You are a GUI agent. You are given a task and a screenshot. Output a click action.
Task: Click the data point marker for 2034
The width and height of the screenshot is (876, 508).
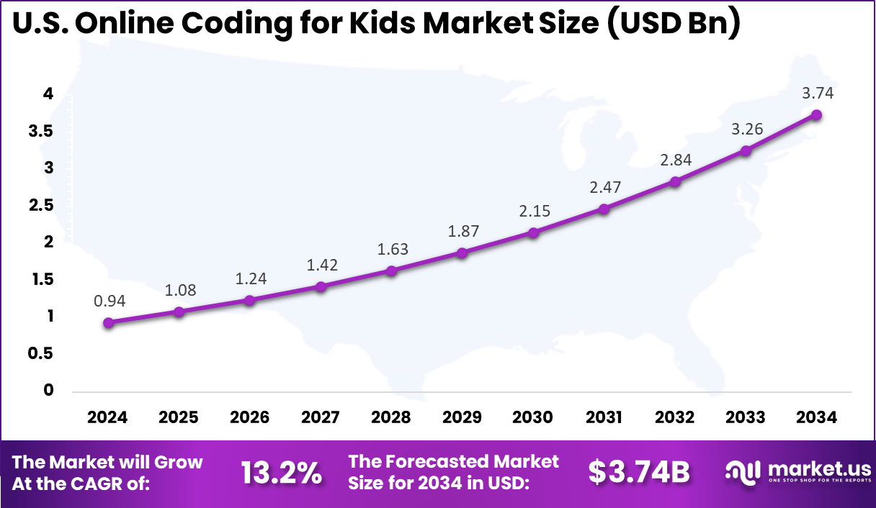pos(816,115)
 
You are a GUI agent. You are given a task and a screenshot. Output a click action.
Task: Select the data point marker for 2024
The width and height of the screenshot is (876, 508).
pos(108,323)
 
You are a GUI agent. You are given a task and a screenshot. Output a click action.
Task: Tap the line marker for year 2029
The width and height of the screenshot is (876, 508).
pos(462,253)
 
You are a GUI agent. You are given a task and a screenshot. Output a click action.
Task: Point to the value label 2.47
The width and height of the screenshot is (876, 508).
pos(604,188)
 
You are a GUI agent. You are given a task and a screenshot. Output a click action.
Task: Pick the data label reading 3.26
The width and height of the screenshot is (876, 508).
pos(746,130)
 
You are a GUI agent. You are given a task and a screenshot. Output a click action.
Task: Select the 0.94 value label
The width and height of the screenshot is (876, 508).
pos(109,301)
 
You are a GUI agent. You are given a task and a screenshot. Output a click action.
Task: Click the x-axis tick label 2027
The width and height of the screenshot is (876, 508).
pos(321,418)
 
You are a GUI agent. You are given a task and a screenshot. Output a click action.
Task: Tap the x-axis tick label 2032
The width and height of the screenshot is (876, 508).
pos(675,418)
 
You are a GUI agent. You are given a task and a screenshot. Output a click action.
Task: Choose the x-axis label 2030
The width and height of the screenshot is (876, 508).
pos(533,418)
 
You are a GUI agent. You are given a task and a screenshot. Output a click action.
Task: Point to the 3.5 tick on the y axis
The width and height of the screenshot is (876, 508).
pos(40,131)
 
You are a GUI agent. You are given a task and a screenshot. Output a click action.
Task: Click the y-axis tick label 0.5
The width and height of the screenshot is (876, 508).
pos(40,353)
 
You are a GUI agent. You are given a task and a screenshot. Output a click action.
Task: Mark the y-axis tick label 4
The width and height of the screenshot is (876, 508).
pos(48,94)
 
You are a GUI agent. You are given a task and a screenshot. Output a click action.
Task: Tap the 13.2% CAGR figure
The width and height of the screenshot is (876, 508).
pos(281,473)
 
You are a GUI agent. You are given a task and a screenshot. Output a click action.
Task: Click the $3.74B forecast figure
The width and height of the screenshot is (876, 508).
pos(639,473)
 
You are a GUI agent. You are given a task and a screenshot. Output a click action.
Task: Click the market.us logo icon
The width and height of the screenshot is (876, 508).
pos(742,472)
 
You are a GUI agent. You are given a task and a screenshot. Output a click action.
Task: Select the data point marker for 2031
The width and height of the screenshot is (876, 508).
pos(604,209)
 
